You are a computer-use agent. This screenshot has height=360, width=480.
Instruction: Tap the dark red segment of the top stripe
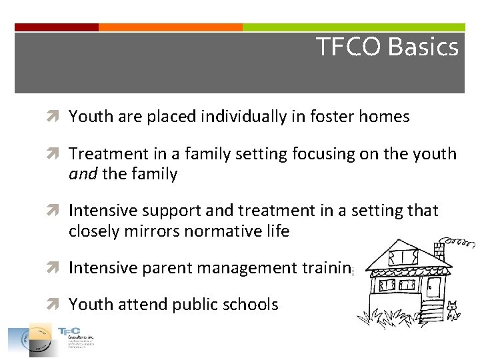tap(57, 27)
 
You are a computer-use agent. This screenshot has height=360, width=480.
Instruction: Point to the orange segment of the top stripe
tap(170, 27)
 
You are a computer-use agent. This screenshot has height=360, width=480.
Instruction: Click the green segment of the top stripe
tap(353, 27)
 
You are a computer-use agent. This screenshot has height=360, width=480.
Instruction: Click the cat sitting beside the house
tap(453, 311)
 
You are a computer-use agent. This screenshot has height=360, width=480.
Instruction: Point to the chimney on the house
tap(438, 250)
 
